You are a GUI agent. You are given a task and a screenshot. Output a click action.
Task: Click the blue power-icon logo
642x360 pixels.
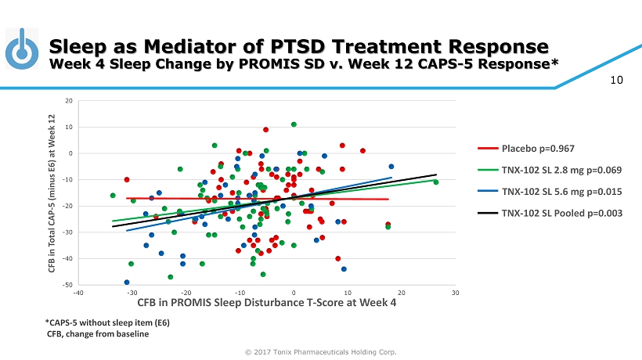click(x=23, y=49)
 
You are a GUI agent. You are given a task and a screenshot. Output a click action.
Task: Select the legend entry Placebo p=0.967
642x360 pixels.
click(x=534, y=146)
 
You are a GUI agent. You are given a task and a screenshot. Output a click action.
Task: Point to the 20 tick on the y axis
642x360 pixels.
click(x=69, y=101)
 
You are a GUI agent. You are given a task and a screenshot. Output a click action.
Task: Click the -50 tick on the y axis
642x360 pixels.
click(x=69, y=284)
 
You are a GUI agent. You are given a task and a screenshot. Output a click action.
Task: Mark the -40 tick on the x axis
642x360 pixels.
click(x=78, y=293)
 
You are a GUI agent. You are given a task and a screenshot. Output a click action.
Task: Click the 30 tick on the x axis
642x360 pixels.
click(x=455, y=293)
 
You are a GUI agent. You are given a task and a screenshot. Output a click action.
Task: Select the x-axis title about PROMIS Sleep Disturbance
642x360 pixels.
click(x=266, y=303)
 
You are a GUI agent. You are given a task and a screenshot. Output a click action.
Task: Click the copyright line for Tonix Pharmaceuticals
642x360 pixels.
click(x=321, y=351)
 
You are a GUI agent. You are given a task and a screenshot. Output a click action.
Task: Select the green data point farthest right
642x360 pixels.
click(x=436, y=182)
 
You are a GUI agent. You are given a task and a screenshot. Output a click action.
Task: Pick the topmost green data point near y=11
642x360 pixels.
click(x=294, y=124)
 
